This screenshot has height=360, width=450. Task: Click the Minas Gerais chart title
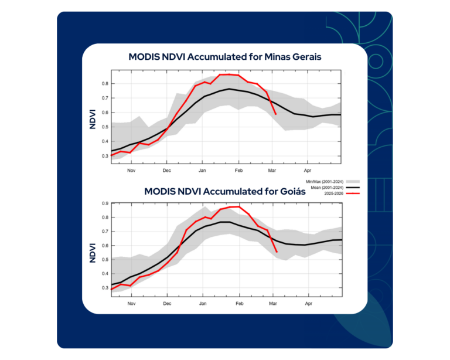pos(225,57)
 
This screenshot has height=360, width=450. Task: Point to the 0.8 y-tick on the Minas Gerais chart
pos(105,83)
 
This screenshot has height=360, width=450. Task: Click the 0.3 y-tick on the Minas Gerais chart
pos(105,155)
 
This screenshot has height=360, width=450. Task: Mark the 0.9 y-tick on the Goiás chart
pos(105,203)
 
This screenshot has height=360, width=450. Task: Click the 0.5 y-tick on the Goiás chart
pos(105,260)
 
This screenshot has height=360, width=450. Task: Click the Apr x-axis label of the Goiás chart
pos(308,304)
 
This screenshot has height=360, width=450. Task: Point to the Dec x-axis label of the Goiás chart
pos(167,304)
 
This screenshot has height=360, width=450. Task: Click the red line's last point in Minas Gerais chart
pos(275,114)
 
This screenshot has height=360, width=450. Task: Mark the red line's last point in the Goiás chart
pos(277,252)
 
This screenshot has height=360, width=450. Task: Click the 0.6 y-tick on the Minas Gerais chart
pos(105,112)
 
